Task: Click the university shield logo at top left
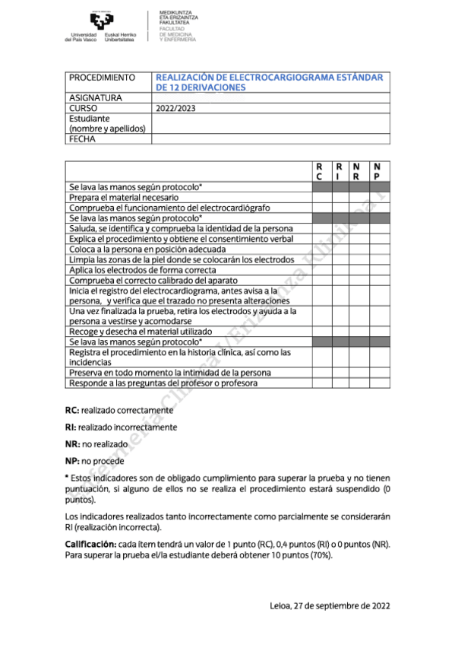[x=100, y=21]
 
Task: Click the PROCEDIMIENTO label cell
[x=102, y=78]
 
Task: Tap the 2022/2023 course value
[x=175, y=108]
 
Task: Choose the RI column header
[x=338, y=171]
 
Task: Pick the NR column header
[x=357, y=171]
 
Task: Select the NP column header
[x=377, y=171]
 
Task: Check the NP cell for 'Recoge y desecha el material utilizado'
[x=378, y=332]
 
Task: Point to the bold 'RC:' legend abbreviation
[x=72, y=410]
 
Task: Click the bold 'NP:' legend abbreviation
[x=73, y=461]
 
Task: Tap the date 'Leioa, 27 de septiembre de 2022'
[x=330, y=605]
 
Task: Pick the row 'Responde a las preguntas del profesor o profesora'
[x=163, y=383]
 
